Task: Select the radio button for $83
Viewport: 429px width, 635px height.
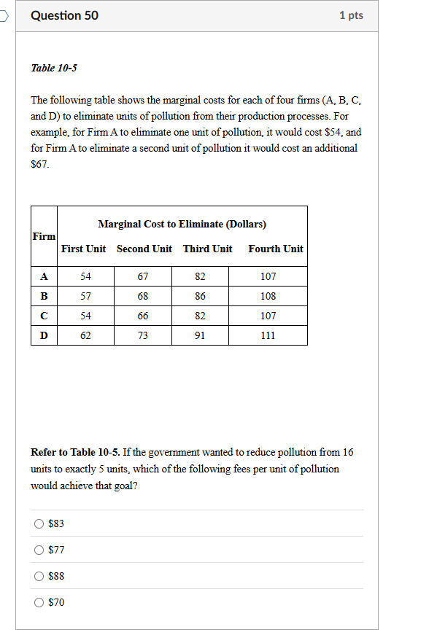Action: click(38, 523)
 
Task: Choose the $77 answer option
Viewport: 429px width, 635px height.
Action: click(38, 550)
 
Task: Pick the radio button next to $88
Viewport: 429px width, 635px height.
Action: click(38, 576)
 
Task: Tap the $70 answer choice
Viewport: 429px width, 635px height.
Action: click(38, 602)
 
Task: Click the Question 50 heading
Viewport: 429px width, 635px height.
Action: click(65, 15)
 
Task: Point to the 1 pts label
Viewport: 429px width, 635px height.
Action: click(351, 15)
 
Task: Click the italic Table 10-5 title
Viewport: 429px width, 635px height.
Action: click(54, 68)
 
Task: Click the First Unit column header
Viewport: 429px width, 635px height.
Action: click(83, 249)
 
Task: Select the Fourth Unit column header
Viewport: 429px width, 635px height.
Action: click(275, 249)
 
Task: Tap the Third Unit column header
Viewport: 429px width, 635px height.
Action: click(207, 249)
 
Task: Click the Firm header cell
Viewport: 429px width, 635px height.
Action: click(44, 236)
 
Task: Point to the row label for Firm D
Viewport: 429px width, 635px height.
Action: click(44, 335)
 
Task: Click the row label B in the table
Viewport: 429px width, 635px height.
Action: click(44, 296)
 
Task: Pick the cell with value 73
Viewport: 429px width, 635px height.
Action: click(143, 335)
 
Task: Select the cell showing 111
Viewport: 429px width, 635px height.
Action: click(268, 335)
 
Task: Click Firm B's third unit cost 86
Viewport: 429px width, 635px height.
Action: click(201, 296)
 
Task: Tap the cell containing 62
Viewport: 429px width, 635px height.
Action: click(85, 335)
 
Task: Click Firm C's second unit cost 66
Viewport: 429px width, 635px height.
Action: click(143, 316)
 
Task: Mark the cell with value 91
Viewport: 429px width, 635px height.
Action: click(201, 335)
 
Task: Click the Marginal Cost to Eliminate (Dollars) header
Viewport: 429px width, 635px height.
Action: click(182, 224)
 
